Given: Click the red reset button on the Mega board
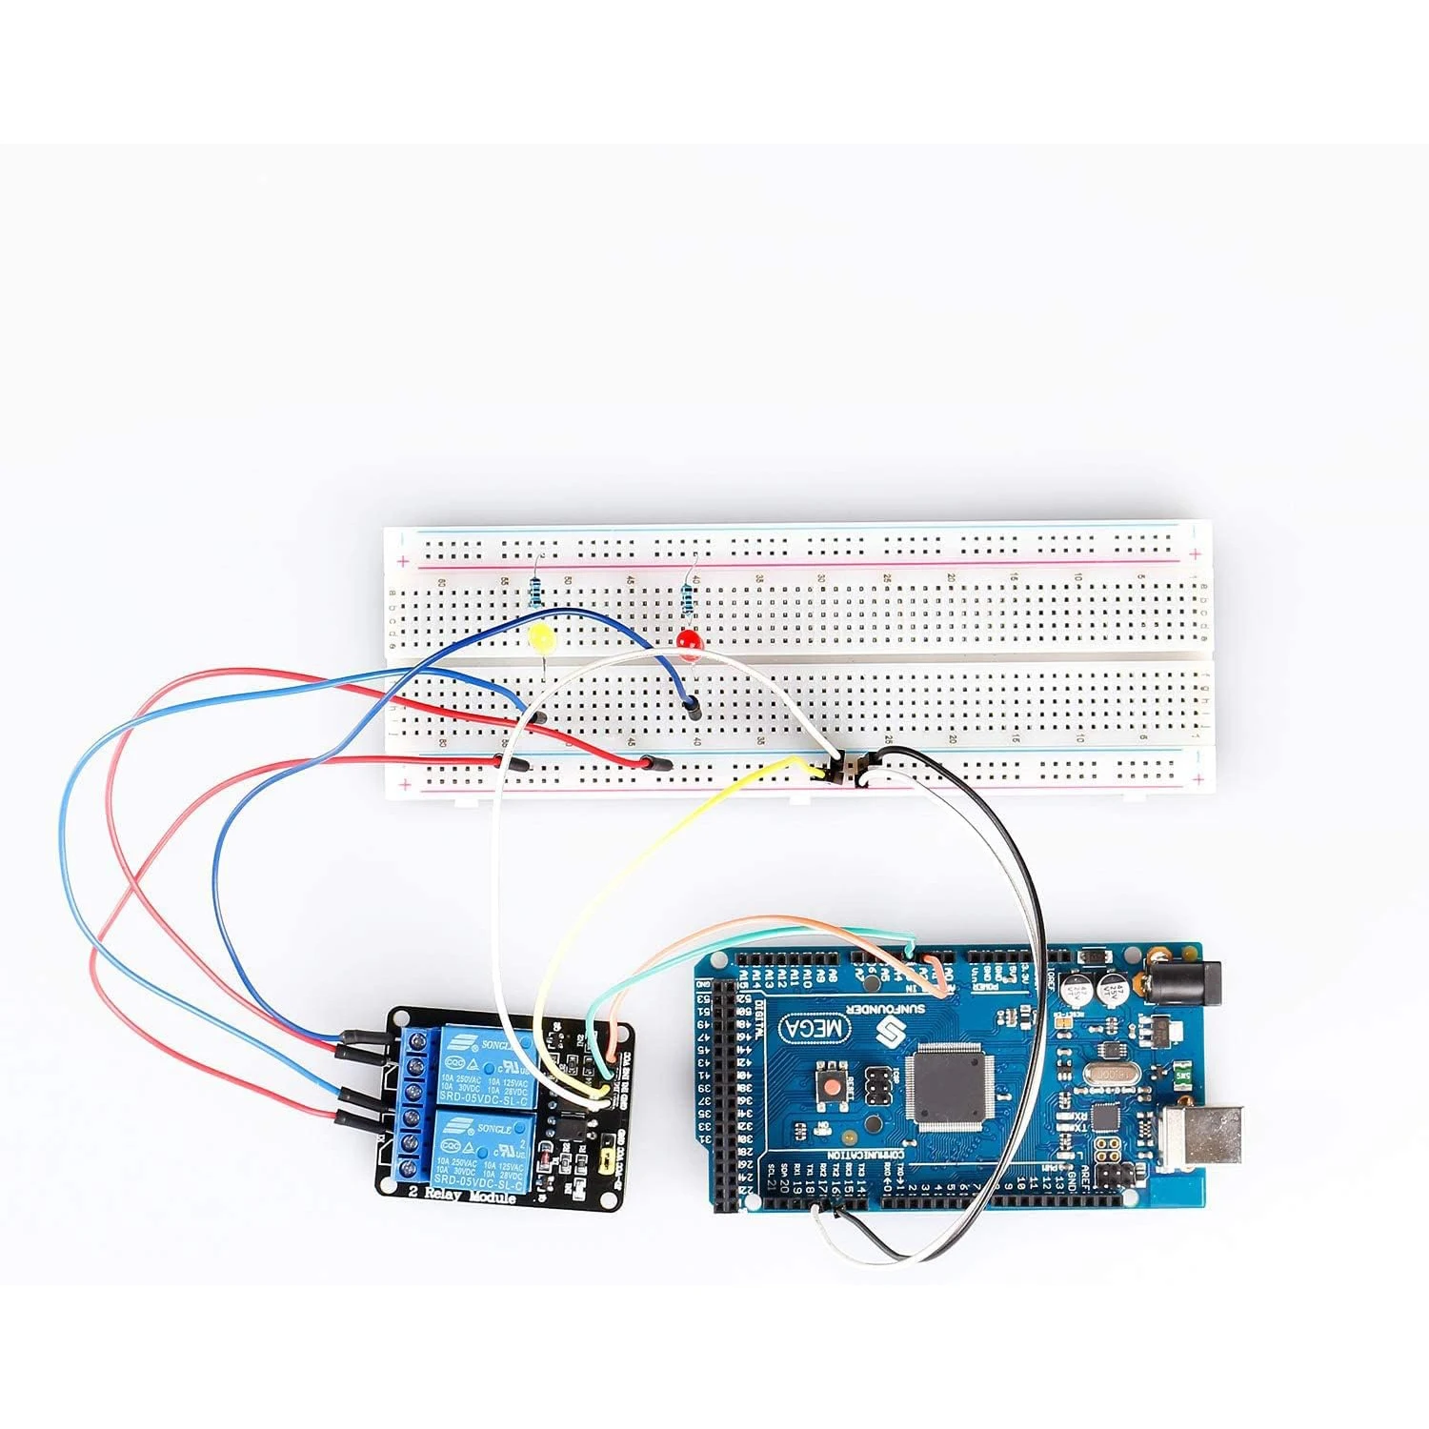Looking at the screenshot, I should click(832, 1086).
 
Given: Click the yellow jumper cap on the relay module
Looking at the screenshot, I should click(604, 1162).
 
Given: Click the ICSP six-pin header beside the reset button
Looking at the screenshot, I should click(879, 1087).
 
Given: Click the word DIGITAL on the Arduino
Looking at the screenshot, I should click(759, 1018).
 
